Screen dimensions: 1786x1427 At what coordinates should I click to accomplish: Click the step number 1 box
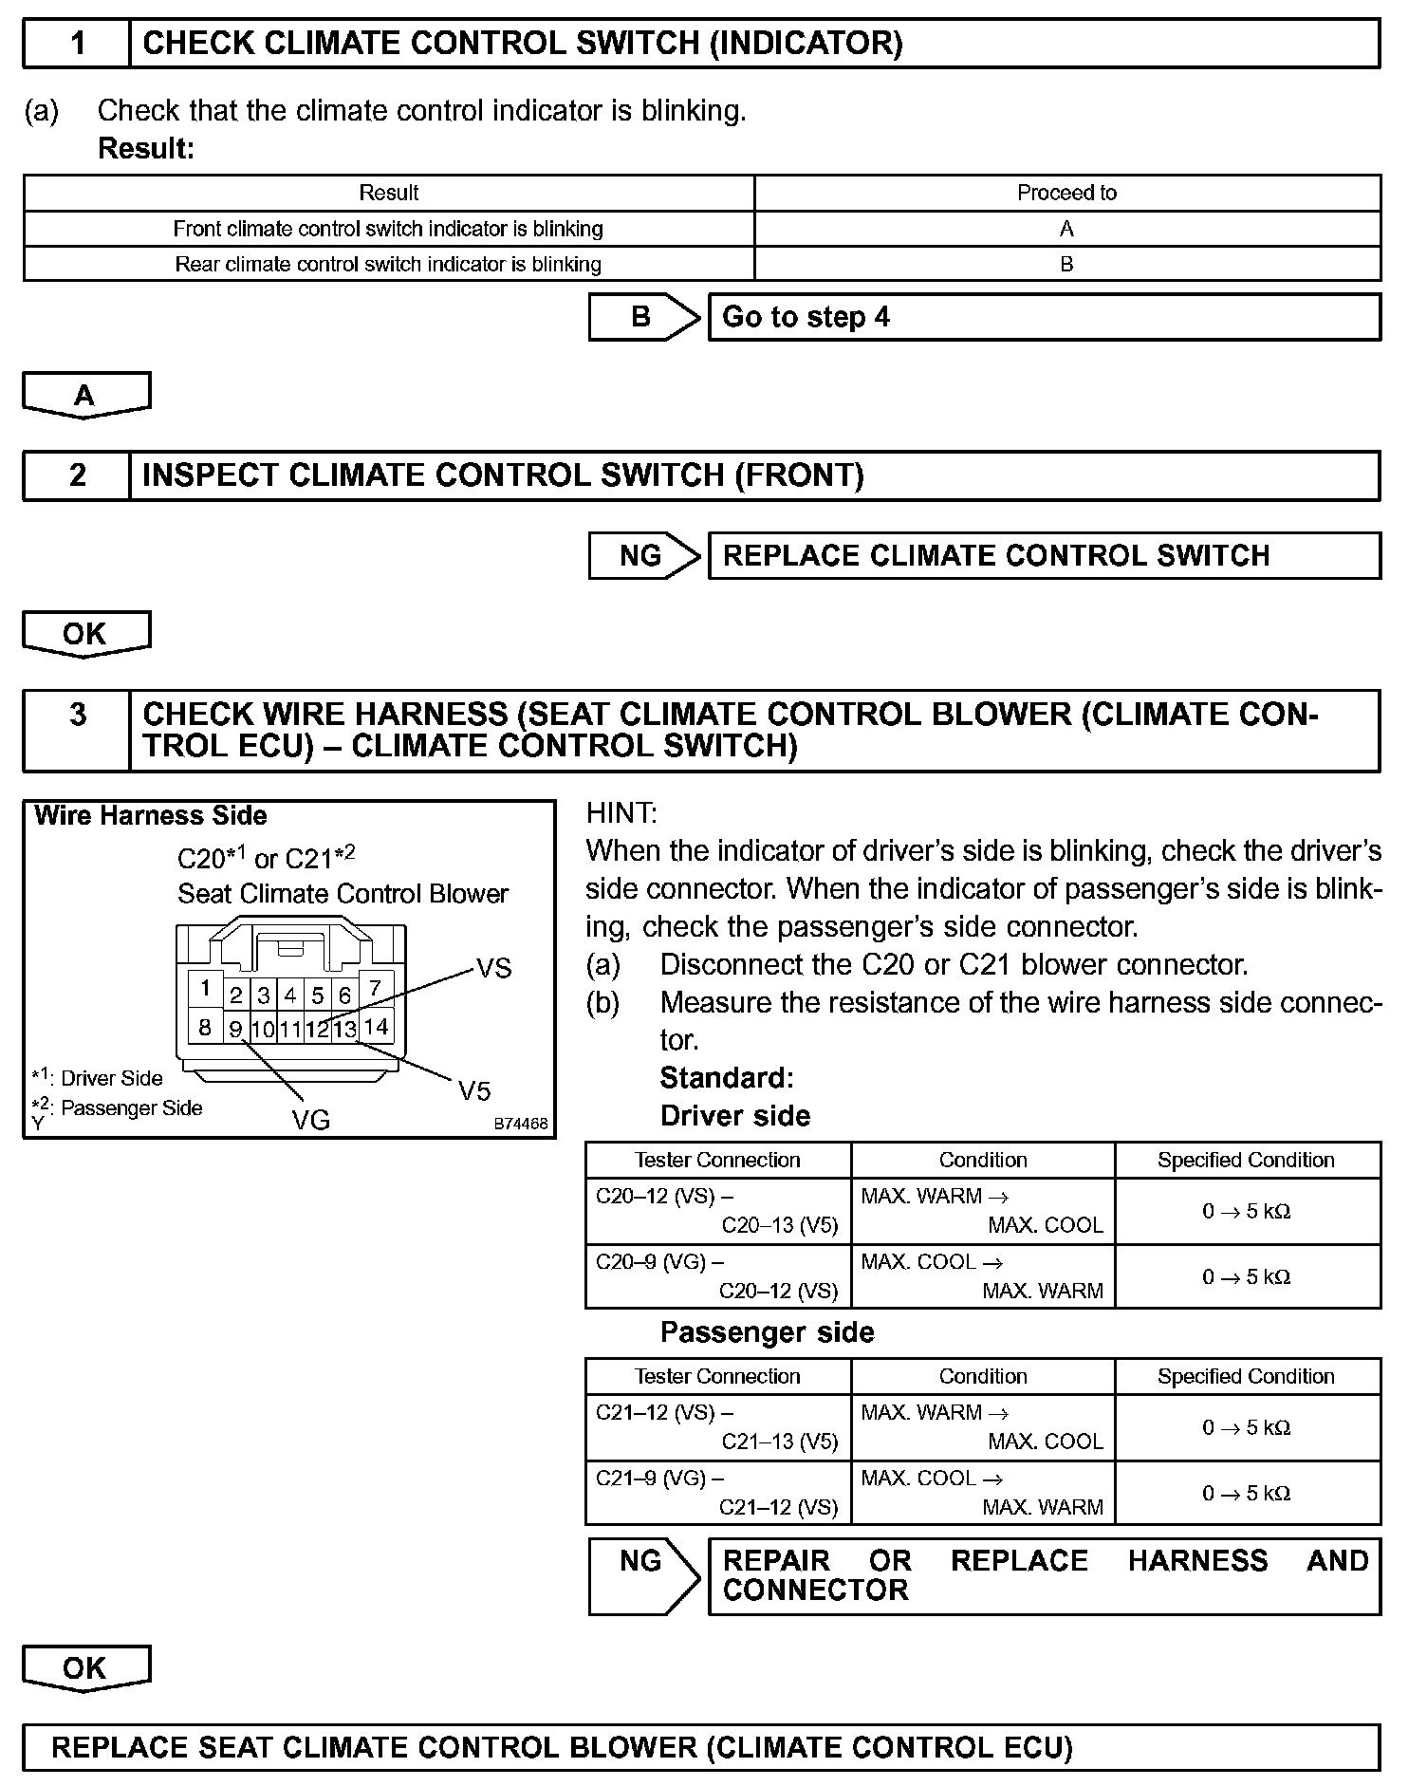[77, 44]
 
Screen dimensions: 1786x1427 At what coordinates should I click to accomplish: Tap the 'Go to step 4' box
[1044, 317]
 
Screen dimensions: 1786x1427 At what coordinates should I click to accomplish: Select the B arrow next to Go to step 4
[643, 317]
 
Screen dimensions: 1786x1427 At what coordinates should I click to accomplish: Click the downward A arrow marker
[85, 395]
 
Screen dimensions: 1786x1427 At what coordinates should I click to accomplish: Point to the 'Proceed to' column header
[1066, 193]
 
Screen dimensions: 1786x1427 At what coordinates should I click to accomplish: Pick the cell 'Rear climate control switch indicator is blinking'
[388, 264]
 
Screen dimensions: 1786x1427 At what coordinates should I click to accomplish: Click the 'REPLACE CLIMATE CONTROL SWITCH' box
[1044, 555]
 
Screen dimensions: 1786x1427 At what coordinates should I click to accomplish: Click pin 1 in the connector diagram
[205, 989]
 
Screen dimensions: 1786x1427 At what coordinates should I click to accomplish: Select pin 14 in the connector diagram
[376, 1026]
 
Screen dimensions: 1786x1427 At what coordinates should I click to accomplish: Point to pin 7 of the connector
[375, 988]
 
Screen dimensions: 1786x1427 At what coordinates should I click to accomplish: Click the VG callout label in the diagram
[310, 1121]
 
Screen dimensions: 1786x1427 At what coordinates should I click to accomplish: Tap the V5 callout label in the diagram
[474, 1091]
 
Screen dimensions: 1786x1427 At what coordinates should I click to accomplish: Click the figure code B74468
[521, 1124]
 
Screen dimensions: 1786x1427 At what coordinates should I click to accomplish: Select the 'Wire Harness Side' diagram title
[150, 816]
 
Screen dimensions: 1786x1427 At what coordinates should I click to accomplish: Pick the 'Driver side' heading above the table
[735, 1116]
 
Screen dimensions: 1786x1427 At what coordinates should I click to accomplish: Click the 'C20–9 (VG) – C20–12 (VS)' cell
[718, 1276]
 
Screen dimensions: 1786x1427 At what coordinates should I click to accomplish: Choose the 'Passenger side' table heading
[767, 1332]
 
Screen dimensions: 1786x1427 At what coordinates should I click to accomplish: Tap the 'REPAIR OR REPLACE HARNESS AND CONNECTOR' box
[1044, 1576]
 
